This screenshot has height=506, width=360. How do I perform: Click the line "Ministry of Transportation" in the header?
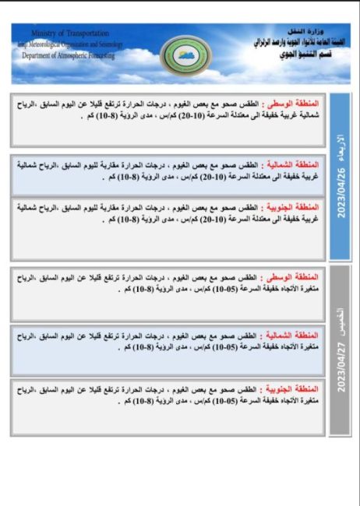70,33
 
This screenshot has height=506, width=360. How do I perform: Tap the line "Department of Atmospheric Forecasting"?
69,56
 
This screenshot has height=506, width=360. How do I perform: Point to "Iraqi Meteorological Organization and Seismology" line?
70,44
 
